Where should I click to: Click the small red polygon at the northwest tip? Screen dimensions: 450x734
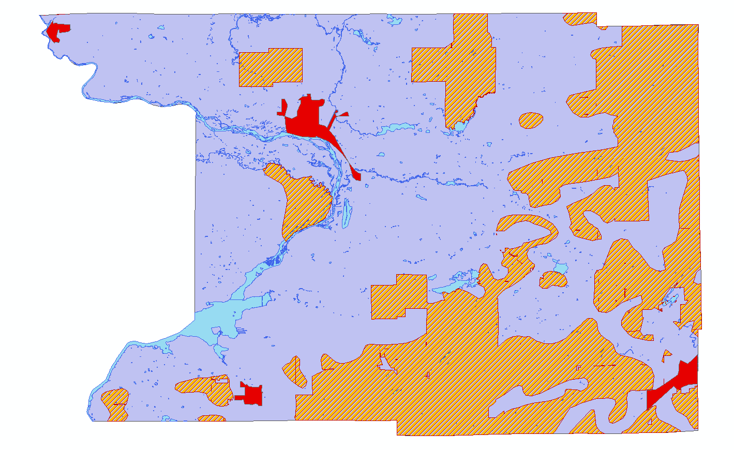[x=57, y=31]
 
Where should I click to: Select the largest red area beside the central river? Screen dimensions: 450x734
[x=305, y=119]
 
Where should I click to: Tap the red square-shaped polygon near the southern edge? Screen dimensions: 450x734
[x=252, y=395]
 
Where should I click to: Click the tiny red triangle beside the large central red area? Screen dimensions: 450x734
[x=343, y=114]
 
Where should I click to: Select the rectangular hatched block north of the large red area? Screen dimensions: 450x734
[x=270, y=67]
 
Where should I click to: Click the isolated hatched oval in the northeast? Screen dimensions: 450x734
[x=531, y=121]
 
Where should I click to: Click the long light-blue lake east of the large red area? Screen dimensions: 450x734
[x=398, y=128]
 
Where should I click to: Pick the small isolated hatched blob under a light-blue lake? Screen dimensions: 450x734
[x=553, y=280]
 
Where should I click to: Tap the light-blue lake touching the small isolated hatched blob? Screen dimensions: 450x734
[x=560, y=268]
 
